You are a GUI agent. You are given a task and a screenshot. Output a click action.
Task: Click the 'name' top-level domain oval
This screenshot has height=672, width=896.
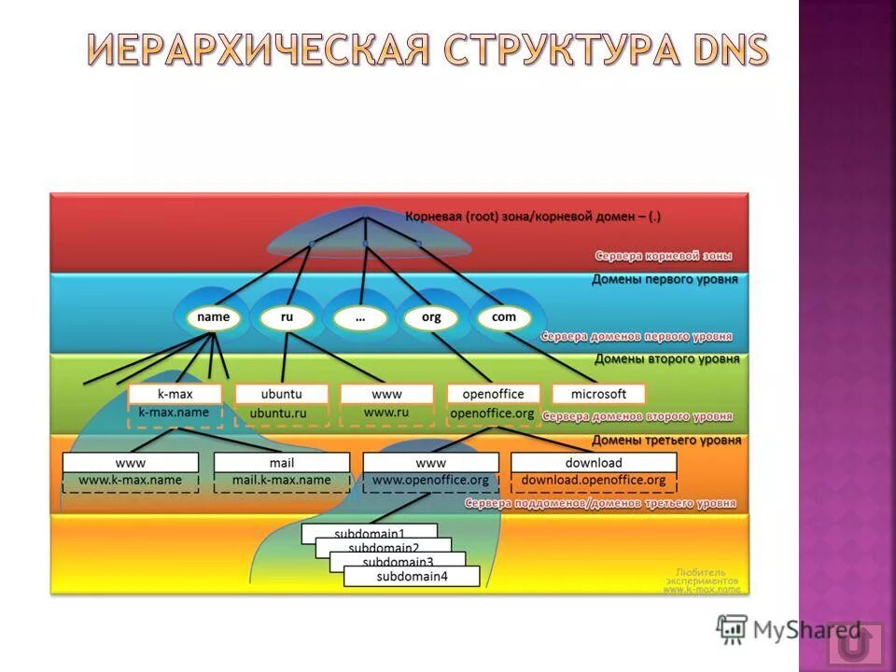point(214,317)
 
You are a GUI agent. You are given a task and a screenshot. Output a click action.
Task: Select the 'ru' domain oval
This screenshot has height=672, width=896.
point(287,317)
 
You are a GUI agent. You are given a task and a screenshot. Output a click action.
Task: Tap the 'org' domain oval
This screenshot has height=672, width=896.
point(431,317)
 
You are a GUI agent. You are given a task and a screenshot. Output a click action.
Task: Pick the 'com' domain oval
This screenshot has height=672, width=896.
point(503,317)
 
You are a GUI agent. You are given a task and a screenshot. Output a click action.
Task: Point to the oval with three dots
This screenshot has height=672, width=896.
point(359,317)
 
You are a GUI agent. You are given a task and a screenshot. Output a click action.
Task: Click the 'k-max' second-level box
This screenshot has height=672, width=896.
point(175,394)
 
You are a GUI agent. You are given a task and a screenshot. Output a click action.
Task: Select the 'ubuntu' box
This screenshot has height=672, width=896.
point(281,394)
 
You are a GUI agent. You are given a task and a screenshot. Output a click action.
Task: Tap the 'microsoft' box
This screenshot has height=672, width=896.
point(598,394)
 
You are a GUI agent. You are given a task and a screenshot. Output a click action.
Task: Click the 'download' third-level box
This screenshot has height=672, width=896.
point(593,463)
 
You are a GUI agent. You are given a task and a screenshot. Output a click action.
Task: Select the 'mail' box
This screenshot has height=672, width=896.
point(281,463)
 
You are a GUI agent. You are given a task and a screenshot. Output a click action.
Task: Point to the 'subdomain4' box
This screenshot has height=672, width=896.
point(412,577)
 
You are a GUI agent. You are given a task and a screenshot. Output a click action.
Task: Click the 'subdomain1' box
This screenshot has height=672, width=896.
point(369,533)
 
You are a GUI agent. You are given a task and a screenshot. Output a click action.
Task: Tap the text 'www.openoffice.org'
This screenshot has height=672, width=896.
point(430,481)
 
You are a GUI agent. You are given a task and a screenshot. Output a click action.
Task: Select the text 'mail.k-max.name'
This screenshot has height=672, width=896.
point(281,481)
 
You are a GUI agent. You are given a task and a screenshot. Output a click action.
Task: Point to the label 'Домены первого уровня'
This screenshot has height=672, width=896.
point(665,279)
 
